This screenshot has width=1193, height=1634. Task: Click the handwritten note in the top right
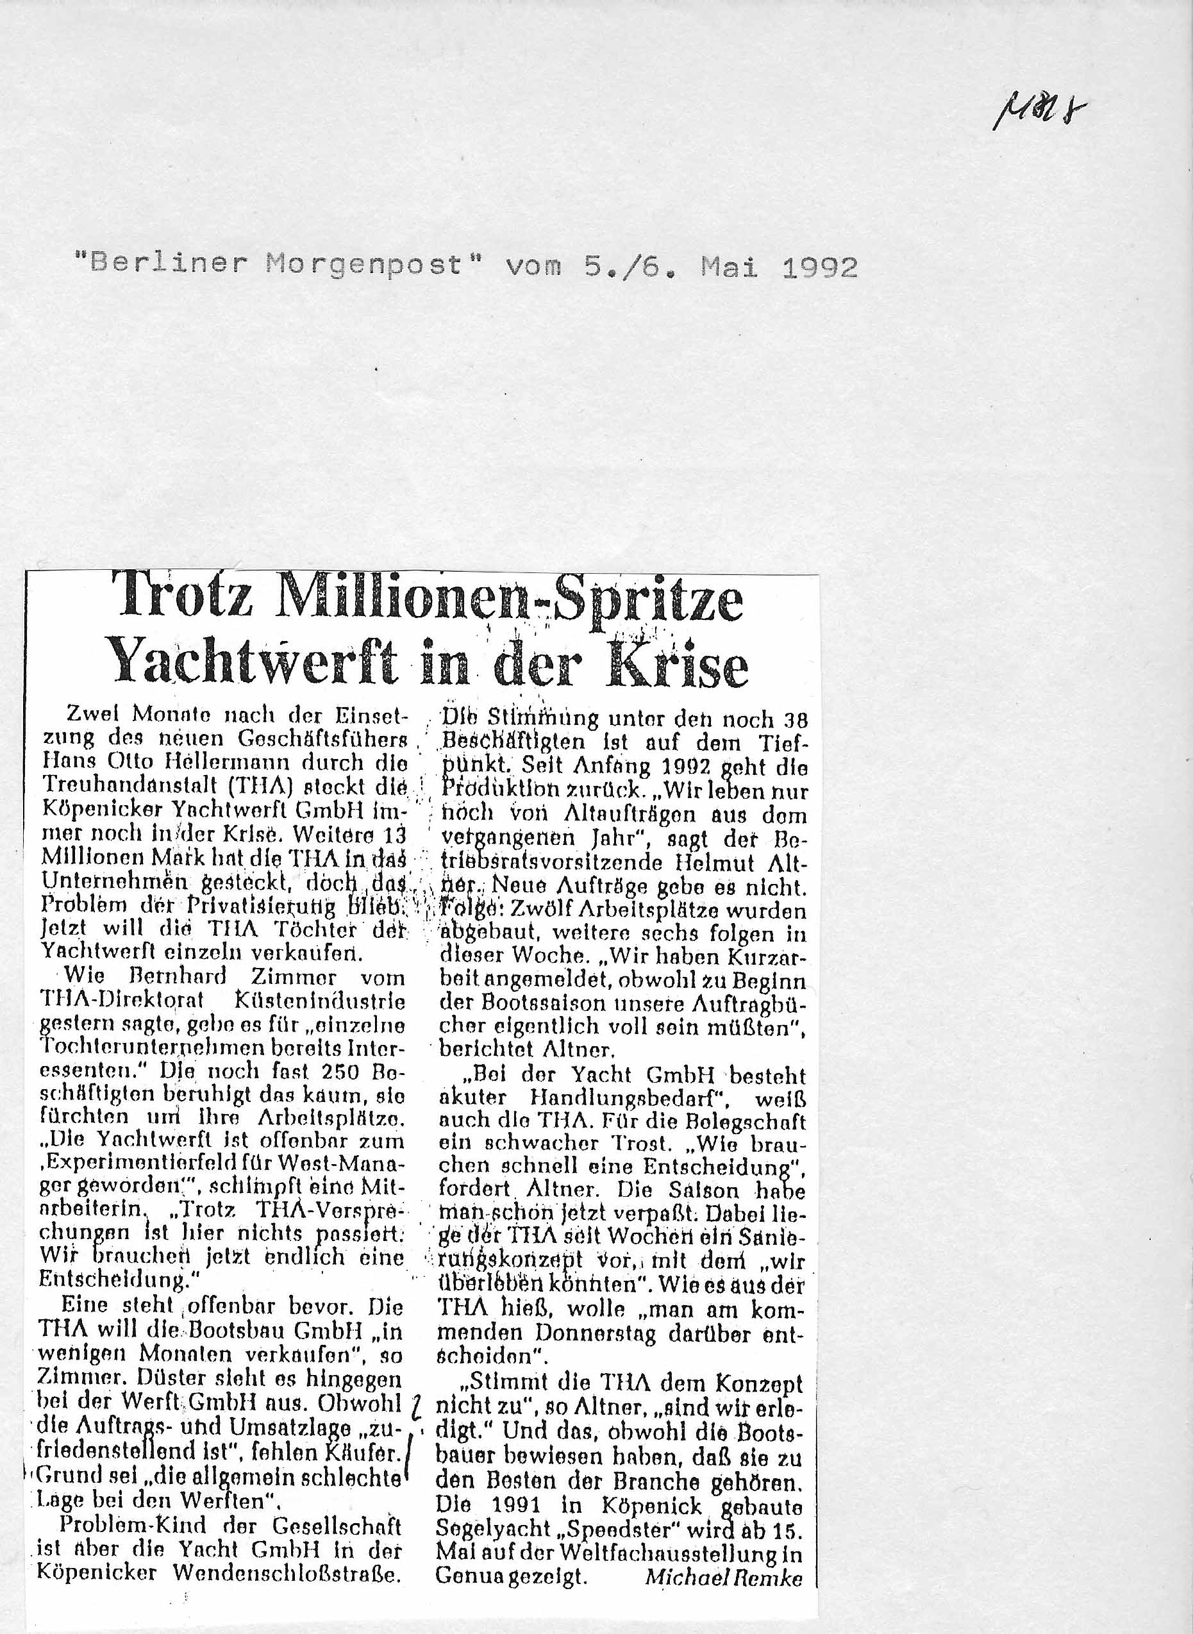[x=1040, y=113]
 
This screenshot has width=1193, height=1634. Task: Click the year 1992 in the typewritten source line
[x=820, y=268]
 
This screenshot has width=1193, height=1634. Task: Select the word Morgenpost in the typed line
[x=363, y=267]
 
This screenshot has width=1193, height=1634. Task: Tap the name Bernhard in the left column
[x=178, y=977]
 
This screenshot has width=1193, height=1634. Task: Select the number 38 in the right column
[x=793, y=720]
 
